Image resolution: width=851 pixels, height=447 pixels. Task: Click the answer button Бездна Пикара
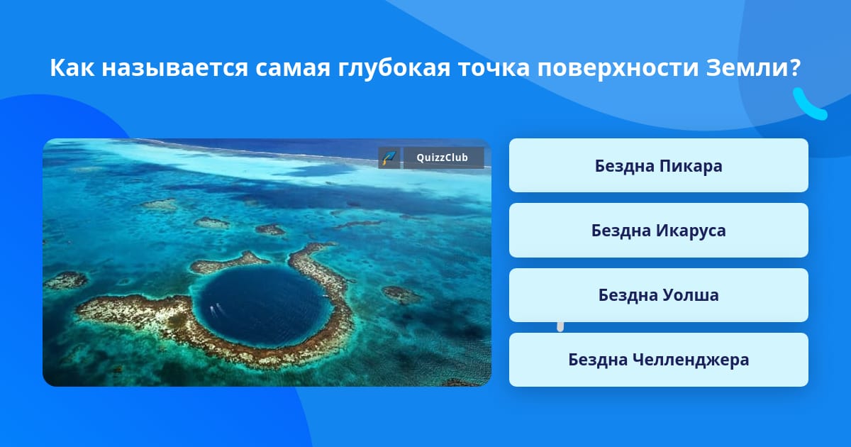(x=658, y=165)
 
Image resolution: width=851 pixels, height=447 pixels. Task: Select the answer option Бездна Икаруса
(x=658, y=231)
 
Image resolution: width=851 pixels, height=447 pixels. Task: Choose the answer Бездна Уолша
(x=658, y=295)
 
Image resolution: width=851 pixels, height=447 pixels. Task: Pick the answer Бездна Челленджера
(x=658, y=360)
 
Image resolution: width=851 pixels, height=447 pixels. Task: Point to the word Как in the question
(x=72, y=67)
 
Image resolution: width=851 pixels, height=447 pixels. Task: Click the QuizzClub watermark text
(x=443, y=158)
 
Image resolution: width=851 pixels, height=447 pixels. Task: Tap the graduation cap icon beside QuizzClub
(x=389, y=158)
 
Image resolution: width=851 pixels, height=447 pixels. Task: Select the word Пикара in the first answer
(x=691, y=167)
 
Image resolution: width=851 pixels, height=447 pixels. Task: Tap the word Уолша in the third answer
(x=691, y=295)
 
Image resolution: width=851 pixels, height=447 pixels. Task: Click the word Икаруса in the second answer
(x=691, y=231)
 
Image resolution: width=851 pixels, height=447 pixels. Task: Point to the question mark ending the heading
(x=796, y=67)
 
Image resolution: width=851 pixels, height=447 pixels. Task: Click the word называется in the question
(x=174, y=68)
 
